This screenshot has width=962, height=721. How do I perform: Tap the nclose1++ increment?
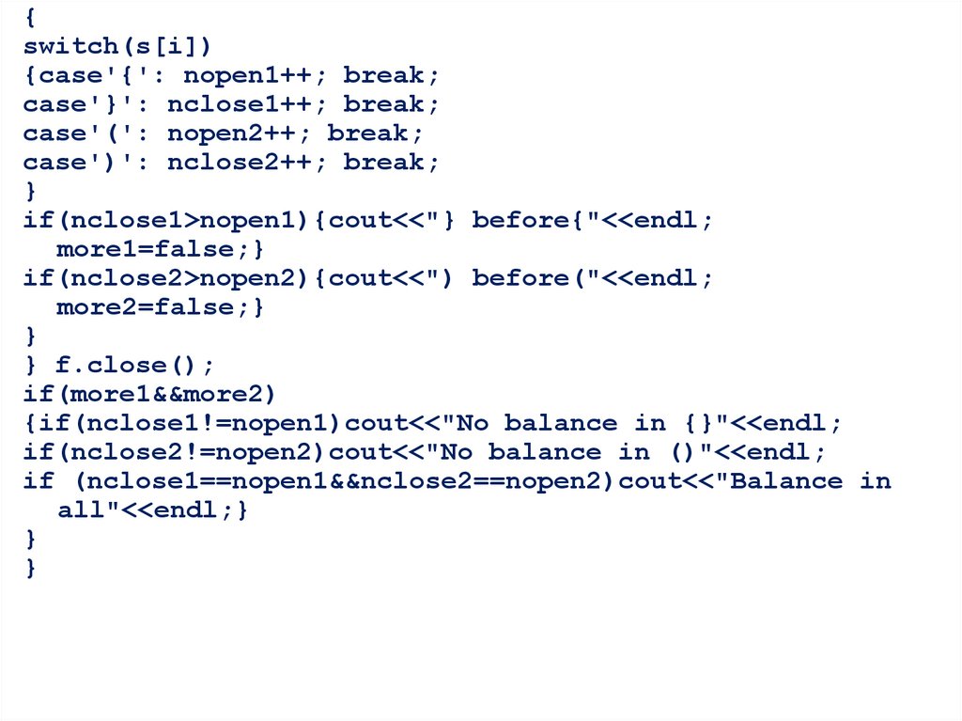click(247, 103)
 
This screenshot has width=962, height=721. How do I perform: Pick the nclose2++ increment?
click(247, 162)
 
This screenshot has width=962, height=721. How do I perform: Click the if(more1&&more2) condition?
click(151, 394)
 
